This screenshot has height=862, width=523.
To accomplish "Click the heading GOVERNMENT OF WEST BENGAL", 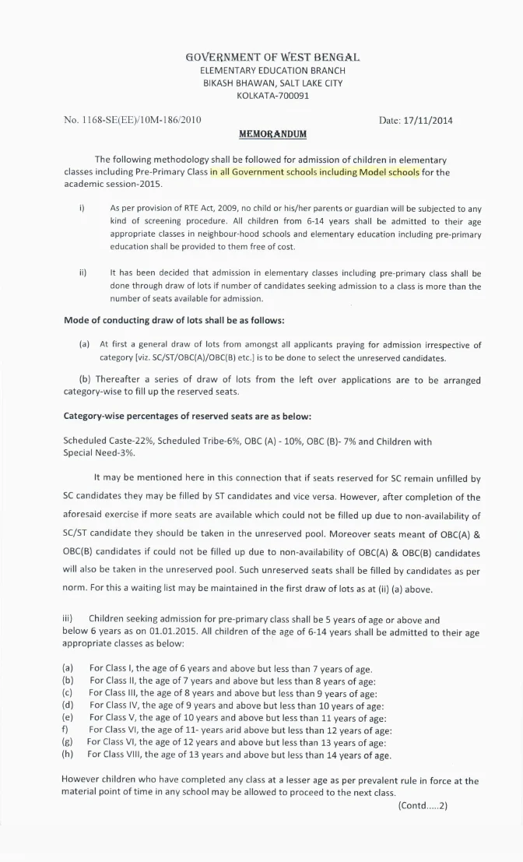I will pos(272,58).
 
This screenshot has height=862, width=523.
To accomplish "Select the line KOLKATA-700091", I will pos(272,96).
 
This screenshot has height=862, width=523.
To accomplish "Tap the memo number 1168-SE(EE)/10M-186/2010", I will pos(132,120).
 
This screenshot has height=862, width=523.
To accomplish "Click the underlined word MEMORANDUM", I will pos(272,134).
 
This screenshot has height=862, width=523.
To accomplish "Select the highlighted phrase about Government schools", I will pos(314,171).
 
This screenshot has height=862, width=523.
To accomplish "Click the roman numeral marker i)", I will pos(82,209).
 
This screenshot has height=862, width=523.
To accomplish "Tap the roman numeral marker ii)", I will pos(82,274).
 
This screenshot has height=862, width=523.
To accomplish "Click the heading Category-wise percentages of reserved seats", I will pos(187,416).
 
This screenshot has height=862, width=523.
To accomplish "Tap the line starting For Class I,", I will pos(230,669).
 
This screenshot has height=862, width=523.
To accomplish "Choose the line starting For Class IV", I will pos(236,705).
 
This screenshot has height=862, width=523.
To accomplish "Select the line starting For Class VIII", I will pos(238,755).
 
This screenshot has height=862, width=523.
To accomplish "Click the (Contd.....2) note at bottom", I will pos(423,806).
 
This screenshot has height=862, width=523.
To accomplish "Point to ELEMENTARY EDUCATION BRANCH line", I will pos(272,71).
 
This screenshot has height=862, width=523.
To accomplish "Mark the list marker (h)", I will pos(68,755).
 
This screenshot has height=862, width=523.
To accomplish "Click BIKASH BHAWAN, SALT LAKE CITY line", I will pos(272,83).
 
